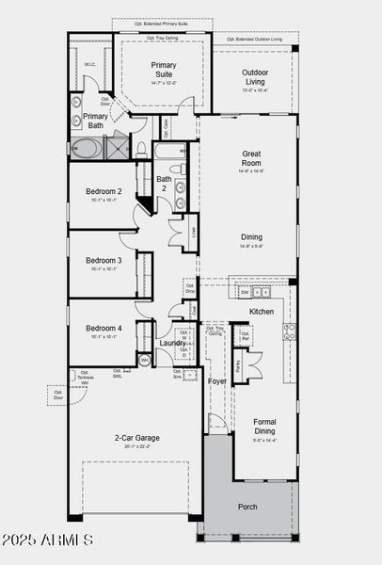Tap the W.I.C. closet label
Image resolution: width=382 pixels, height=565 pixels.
tap(89, 65)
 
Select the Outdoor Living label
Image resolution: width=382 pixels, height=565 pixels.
tap(249, 78)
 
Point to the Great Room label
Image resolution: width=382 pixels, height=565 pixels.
tap(250, 158)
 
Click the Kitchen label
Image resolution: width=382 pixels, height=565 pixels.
tap(262, 311)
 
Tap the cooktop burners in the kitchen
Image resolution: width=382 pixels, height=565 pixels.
tap(290, 331)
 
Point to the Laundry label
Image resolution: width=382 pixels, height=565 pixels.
tap(172, 343)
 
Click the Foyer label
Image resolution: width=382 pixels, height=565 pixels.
tap(217, 381)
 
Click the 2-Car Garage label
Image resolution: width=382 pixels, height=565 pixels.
tap(135, 439)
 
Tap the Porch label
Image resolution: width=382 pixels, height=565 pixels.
tap(247, 507)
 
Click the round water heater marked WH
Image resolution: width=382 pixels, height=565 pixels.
tap(144, 360)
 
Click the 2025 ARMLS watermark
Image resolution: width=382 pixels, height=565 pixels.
tap(48, 541)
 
